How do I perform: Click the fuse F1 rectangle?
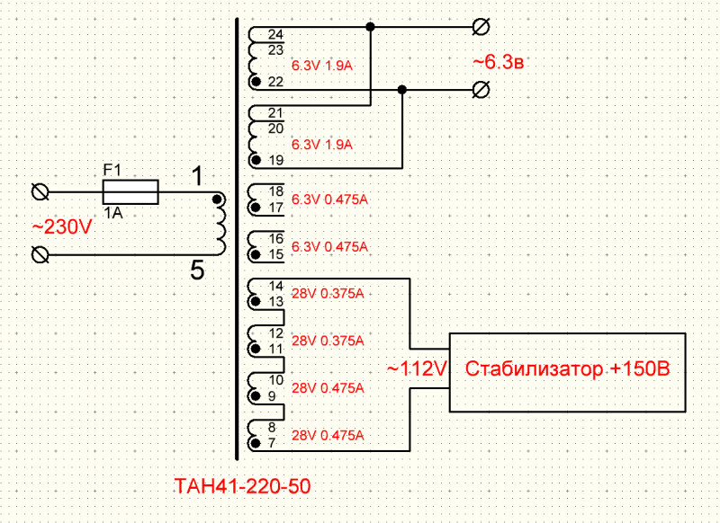[130, 192]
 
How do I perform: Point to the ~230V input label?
[62, 227]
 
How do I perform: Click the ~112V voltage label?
[417, 368]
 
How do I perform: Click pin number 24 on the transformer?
[275, 35]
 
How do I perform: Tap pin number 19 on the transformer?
[275, 160]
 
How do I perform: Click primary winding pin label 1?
[196, 177]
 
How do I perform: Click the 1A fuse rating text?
[112, 213]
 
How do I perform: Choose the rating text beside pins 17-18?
[330, 198]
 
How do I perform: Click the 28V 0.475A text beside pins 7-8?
[328, 436]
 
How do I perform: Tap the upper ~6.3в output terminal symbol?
[481, 27]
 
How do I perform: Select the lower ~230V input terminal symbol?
[40, 255]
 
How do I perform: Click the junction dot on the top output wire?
[370, 27]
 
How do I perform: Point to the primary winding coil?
[219, 224]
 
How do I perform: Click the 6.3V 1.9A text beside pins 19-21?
[322, 144]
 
